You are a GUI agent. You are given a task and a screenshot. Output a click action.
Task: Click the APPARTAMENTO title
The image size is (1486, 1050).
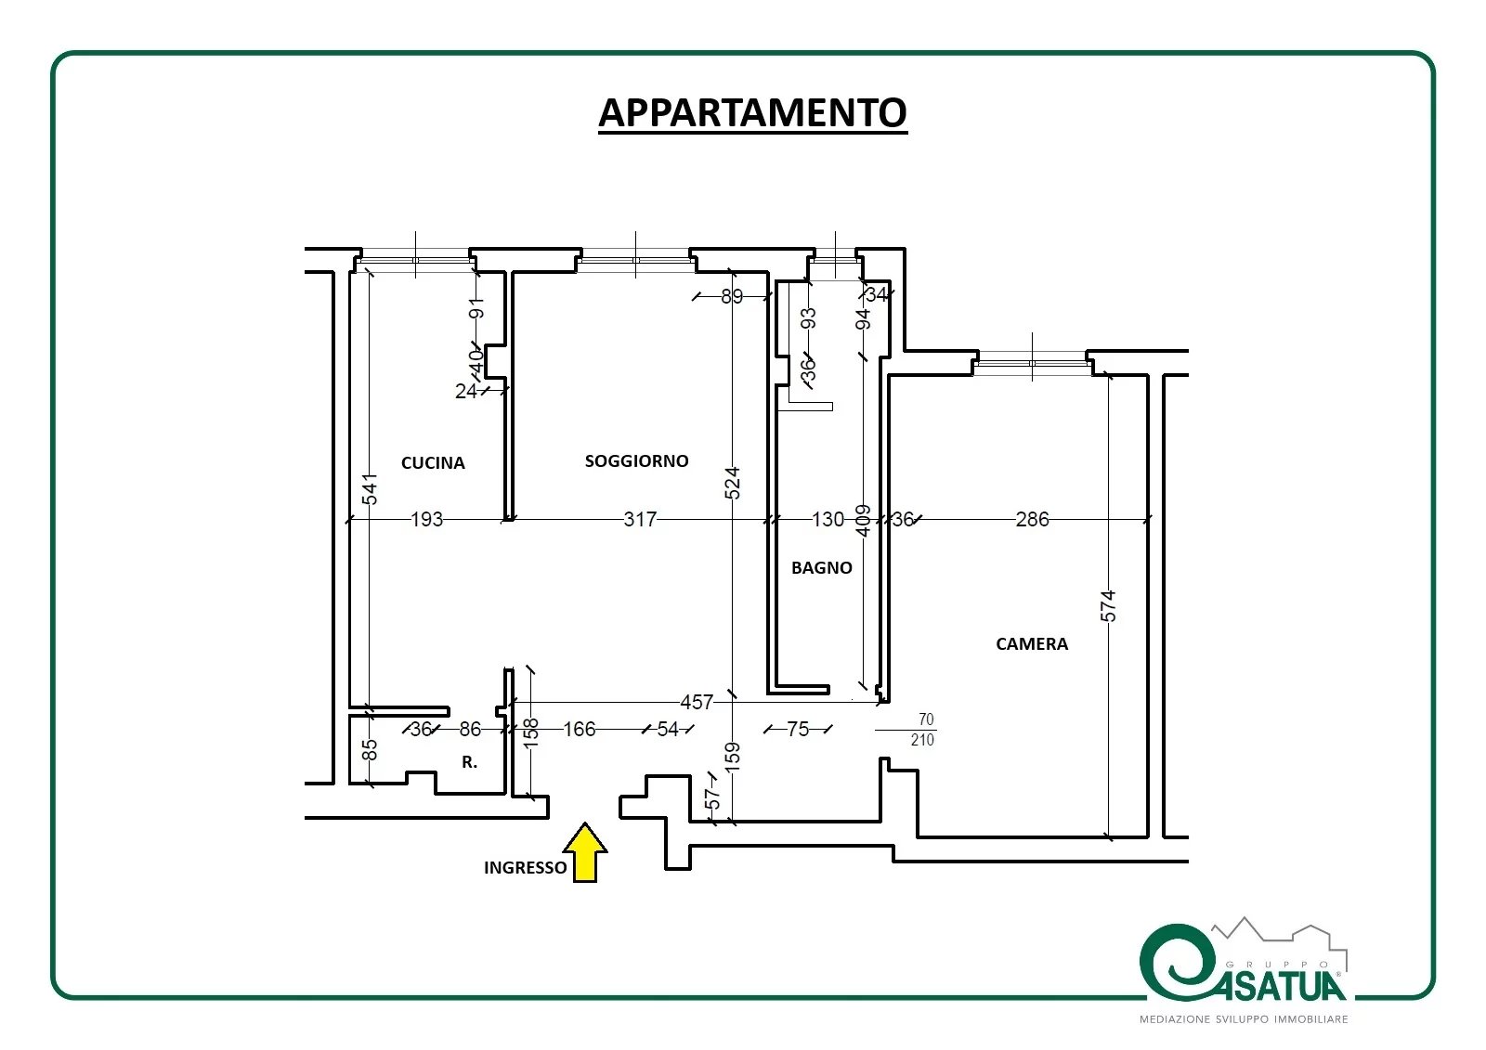click(752, 112)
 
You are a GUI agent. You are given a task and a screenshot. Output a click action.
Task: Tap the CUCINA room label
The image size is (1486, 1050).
click(433, 463)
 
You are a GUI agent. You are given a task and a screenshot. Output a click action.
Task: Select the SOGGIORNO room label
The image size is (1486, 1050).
click(636, 461)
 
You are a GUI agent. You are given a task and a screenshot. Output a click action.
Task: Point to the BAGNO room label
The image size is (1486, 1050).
click(821, 568)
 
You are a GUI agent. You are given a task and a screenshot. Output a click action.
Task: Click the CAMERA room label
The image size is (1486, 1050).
click(1032, 644)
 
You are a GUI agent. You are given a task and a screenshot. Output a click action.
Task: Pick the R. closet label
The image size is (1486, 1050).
click(469, 763)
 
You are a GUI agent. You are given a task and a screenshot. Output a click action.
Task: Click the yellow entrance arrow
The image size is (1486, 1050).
click(584, 852)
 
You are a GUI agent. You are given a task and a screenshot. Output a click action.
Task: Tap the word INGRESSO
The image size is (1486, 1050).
click(525, 868)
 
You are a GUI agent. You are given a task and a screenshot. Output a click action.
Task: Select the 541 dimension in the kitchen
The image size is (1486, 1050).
click(371, 489)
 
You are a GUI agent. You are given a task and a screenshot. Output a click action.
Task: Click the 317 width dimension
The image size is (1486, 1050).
click(640, 519)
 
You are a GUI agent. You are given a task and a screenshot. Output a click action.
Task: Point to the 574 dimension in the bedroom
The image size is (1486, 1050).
click(1108, 606)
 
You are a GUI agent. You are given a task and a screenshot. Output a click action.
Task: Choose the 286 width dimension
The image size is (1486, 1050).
click(1032, 519)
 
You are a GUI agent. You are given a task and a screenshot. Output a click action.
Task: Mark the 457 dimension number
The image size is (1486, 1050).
click(697, 703)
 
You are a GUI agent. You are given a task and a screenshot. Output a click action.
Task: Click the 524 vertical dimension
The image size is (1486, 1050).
click(732, 484)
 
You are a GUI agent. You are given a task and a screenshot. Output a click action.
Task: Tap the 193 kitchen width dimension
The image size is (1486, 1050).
click(426, 519)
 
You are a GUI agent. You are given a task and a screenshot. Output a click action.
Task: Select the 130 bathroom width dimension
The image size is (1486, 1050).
click(828, 519)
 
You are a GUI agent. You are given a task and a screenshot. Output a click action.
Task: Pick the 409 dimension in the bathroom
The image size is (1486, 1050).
click(863, 521)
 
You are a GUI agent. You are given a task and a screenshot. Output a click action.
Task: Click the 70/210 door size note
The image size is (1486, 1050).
click(923, 730)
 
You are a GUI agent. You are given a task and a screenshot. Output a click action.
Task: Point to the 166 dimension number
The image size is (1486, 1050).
click(580, 730)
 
